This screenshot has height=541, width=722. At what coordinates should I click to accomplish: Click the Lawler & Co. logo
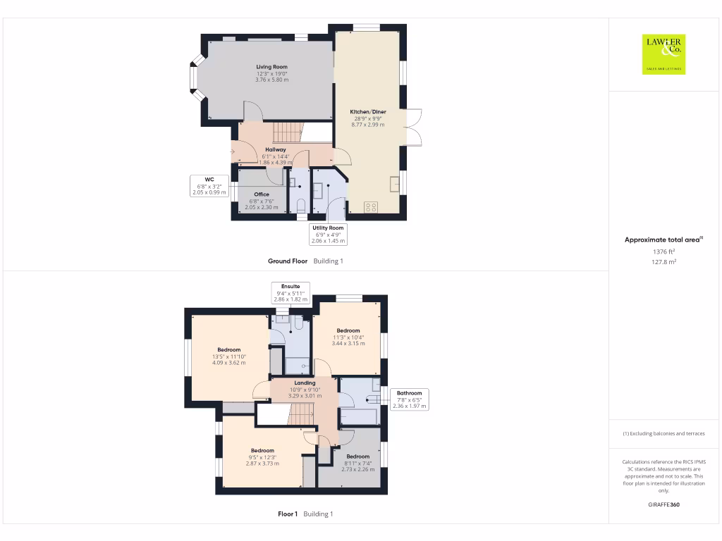point(663,54)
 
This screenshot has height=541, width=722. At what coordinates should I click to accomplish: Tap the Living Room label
point(271,67)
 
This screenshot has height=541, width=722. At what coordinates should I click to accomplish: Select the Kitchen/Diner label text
point(368,111)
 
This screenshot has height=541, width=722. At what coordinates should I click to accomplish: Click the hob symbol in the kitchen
point(371,207)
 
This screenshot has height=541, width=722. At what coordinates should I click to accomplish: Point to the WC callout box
point(209,186)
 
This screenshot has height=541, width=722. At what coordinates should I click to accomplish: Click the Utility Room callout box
point(329,235)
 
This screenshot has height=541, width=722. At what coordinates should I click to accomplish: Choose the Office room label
point(262,194)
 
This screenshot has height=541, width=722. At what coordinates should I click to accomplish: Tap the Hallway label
point(275,149)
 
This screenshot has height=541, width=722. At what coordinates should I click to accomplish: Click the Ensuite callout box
point(290,293)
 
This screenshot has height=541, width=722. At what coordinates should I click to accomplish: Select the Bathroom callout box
point(409,399)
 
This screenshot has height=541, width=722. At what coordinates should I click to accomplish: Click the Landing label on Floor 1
point(305,383)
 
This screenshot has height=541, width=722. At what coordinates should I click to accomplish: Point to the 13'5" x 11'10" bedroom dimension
point(229,356)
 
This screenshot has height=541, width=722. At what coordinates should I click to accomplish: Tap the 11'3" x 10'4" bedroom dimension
point(348,337)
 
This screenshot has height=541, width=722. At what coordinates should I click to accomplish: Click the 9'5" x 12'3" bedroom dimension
point(262,457)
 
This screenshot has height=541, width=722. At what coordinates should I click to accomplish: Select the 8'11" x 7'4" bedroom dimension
point(357,464)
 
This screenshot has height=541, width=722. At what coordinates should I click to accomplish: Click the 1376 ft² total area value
point(663,251)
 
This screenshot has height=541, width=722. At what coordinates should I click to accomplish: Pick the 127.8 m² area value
point(663,261)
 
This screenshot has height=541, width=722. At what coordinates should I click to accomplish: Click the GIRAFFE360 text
point(663,504)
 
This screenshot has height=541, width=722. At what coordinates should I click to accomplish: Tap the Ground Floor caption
point(288,261)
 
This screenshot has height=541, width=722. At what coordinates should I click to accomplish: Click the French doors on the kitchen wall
point(414,128)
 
